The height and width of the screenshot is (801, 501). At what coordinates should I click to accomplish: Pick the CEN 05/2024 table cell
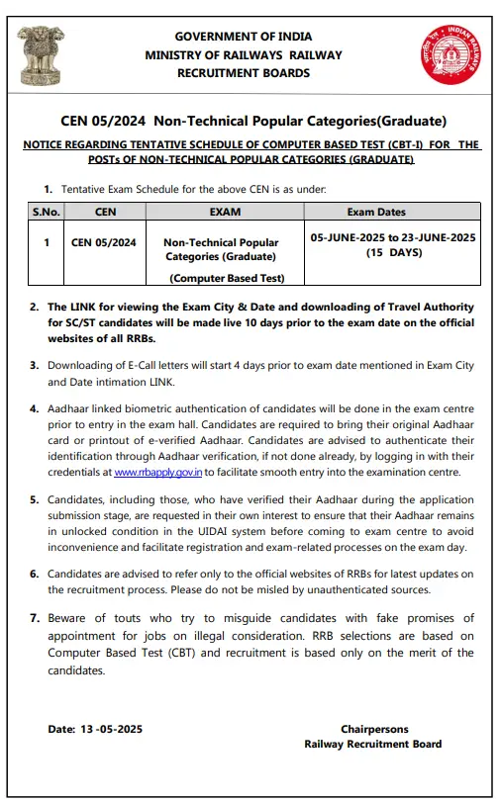pyautogui.click(x=105, y=242)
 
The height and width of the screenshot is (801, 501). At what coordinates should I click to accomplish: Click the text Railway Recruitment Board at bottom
pyautogui.click(x=372, y=744)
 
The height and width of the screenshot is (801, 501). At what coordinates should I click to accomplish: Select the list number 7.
pyautogui.click(x=35, y=618)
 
